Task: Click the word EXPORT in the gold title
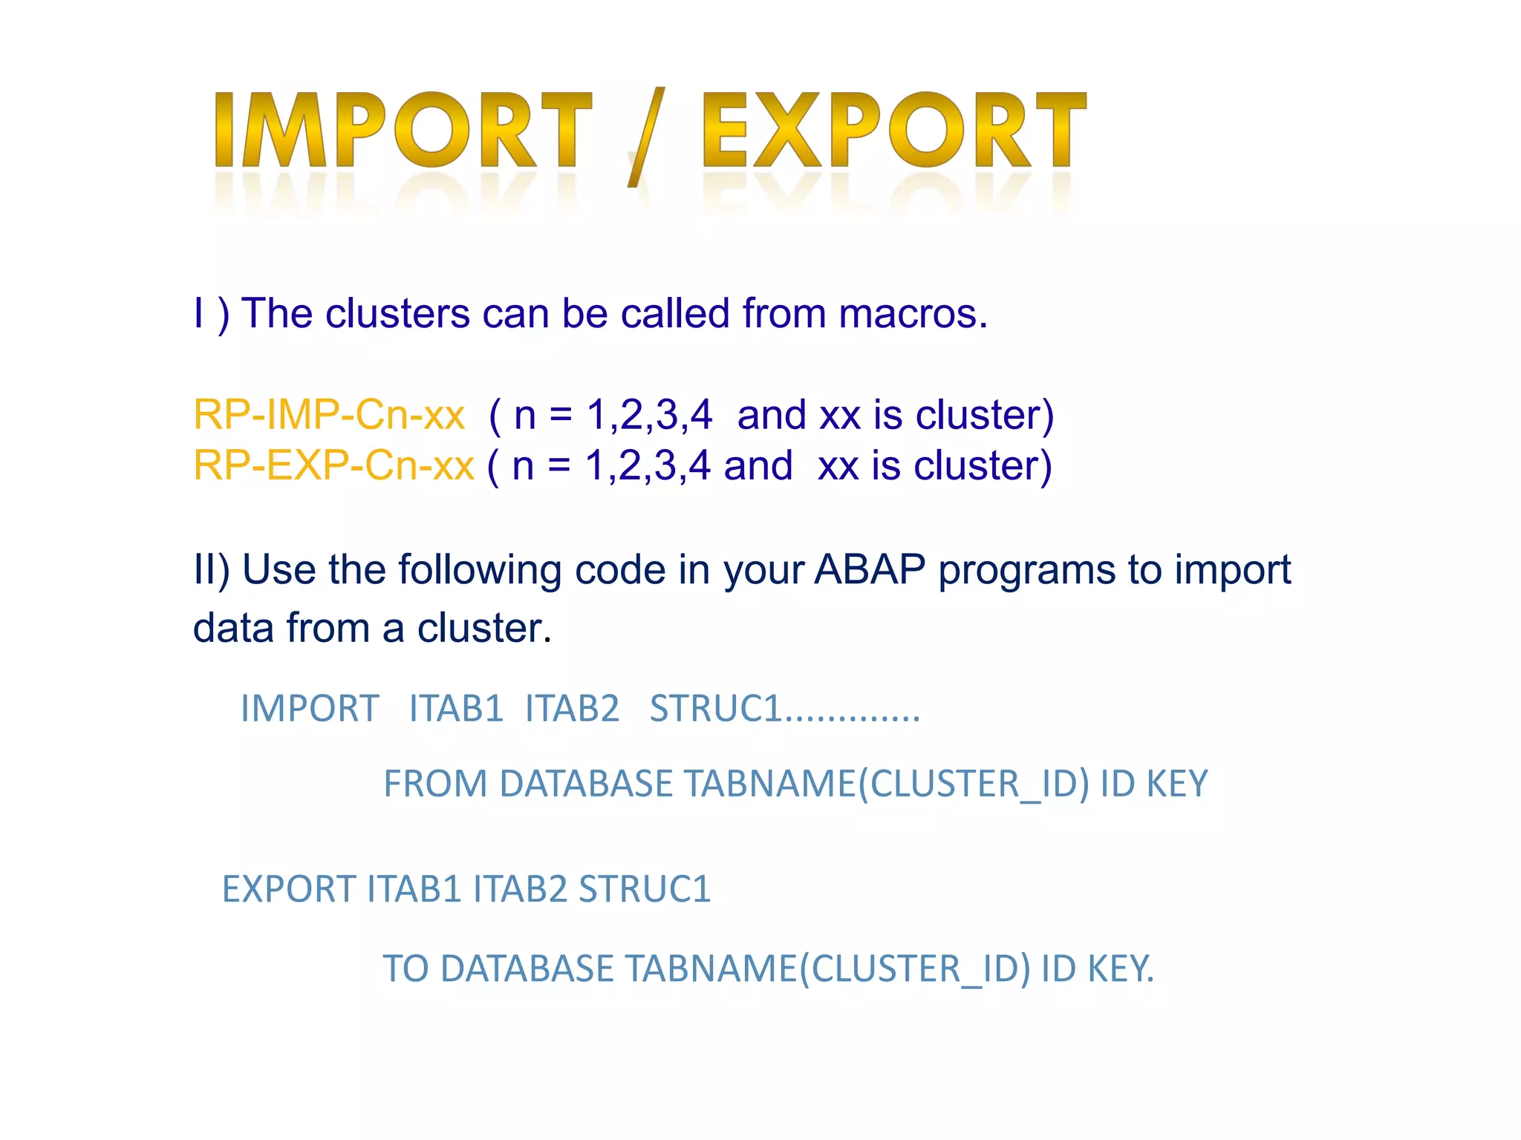tap(893, 130)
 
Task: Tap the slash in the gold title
tap(645, 137)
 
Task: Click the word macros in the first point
tap(912, 314)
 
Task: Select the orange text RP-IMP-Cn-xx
tap(329, 415)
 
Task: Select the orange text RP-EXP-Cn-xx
tap(333, 466)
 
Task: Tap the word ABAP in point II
tap(870, 570)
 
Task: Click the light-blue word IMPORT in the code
tap(310, 708)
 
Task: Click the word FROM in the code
tap(435, 784)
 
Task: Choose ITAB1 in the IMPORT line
tap(456, 708)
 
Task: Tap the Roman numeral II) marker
tap(212, 570)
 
